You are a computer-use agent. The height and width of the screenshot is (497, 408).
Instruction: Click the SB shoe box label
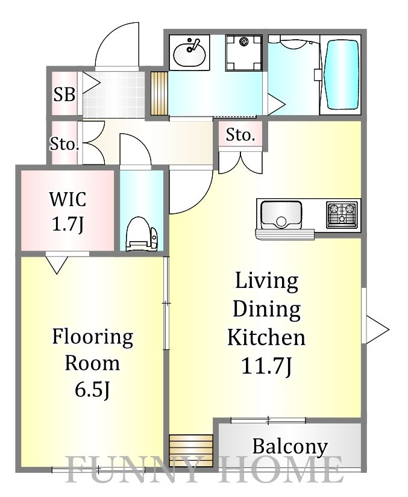(64, 94)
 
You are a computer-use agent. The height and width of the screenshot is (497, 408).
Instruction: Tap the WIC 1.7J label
(67, 211)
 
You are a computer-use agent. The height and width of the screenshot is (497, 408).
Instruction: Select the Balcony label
(290, 446)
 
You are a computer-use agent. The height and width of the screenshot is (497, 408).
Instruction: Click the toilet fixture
(142, 234)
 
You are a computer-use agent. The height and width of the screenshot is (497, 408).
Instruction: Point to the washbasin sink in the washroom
(189, 52)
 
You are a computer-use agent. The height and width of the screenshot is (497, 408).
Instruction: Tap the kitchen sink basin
(281, 215)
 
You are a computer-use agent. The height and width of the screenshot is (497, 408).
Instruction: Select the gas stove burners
(342, 214)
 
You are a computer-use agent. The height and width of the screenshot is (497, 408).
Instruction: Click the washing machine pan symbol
(244, 53)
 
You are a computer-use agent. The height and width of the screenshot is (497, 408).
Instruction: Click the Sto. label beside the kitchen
(240, 136)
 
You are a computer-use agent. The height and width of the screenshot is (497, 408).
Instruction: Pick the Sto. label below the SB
(64, 145)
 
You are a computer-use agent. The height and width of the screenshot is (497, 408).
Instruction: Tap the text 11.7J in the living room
(266, 366)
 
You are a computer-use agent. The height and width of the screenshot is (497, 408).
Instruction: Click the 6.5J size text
(92, 389)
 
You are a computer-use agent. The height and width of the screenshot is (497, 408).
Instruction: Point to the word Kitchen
(266, 337)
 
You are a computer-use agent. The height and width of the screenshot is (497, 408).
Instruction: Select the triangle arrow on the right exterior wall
(377, 330)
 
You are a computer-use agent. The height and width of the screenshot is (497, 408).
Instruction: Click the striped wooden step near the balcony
(190, 451)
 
